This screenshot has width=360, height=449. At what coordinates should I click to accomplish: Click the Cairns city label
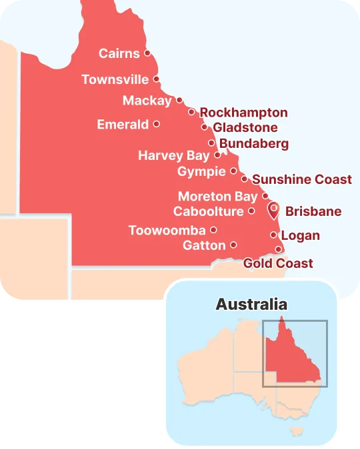pyautogui.click(x=119, y=53)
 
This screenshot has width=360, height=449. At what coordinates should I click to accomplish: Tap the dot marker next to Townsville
pyautogui.click(x=157, y=79)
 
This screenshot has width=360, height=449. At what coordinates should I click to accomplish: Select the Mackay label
pyautogui.click(x=147, y=101)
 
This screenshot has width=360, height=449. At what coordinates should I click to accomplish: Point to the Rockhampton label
pyautogui.click(x=243, y=113)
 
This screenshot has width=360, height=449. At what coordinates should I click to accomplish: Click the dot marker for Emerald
pyautogui.click(x=156, y=123)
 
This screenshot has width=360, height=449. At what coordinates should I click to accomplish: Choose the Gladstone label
pyautogui.click(x=245, y=128)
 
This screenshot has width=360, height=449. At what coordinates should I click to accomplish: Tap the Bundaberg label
pyautogui.click(x=253, y=143)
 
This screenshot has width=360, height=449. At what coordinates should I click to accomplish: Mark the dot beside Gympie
pyautogui.click(x=233, y=171)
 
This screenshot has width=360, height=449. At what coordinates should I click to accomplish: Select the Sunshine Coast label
pyautogui.click(x=302, y=179)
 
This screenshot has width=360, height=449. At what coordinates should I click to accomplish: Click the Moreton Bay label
pyautogui.click(x=217, y=197)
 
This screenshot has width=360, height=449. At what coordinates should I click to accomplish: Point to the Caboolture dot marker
pyautogui.click(x=251, y=211)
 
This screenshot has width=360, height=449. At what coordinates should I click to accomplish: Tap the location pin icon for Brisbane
pyautogui.click(x=273, y=211)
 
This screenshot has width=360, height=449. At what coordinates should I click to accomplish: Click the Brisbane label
pyautogui.click(x=313, y=212)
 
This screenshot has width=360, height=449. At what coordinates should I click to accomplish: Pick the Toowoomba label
pyautogui.click(x=167, y=230)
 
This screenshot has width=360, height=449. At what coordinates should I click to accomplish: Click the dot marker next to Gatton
pyautogui.click(x=233, y=244)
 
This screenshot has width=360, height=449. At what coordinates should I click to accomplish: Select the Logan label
pyautogui.click(x=300, y=236)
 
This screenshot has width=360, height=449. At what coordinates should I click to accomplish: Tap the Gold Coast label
pyautogui.click(x=278, y=263)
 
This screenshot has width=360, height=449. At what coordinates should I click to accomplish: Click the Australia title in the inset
pyautogui.click(x=251, y=304)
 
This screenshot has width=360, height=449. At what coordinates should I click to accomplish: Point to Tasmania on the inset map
pyautogui.click(x=294, y=432)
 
